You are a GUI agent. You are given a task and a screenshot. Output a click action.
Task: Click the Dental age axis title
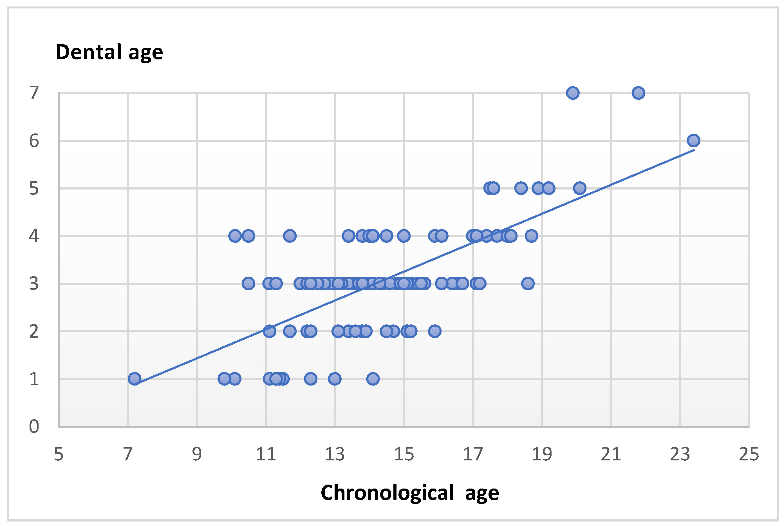point(109,52)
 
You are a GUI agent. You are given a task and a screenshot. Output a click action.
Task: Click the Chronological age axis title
point(410,493)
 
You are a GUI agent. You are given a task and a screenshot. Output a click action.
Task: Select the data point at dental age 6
point(693,141)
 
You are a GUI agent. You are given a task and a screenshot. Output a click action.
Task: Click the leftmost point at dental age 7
point(573,93)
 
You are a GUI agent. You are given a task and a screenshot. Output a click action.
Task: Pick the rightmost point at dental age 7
point(638,93)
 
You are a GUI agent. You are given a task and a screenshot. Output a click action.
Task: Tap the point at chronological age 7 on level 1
point(135,379)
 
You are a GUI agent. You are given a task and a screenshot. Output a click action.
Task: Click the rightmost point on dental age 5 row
point(579,188)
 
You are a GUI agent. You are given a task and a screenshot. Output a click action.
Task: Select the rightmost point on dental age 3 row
point(528,284)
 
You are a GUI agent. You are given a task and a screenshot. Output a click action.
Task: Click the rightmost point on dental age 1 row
point(373,379)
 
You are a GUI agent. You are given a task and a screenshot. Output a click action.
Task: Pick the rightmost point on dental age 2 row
point(435,331)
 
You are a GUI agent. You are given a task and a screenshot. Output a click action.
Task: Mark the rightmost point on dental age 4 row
point(531,236)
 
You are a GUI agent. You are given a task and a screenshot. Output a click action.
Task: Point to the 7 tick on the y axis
point(34,93)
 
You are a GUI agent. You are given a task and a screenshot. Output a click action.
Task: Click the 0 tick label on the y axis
point(34,426)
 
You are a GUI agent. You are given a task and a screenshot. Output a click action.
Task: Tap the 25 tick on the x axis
point(749,454)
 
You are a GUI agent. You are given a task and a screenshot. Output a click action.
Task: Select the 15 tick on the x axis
point(404,454)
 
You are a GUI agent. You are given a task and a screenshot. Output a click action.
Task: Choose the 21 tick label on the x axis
point(611,454)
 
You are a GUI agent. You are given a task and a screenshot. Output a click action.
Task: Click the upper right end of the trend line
point(693,150)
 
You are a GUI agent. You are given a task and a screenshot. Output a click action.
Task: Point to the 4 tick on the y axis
point(34,236)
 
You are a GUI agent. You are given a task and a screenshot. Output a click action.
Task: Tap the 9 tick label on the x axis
point(197,454)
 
